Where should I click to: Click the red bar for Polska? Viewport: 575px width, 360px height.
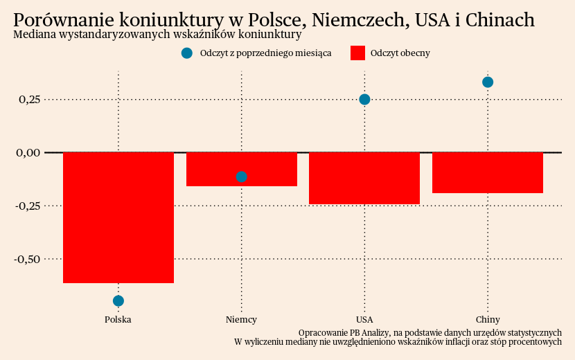[118, 217]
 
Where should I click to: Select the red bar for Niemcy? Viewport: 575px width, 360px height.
[241, 169]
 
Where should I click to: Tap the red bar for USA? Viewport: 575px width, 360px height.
[364, 178]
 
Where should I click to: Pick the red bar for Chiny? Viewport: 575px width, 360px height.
[487, 172]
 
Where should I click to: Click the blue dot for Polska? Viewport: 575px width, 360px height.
[118, 300]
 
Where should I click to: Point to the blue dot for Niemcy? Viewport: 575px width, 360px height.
[241, 177]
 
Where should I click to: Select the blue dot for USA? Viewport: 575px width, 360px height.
[364, 99]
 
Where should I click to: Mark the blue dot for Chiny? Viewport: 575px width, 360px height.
[488, 82]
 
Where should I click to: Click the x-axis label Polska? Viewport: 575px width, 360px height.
[118, 320]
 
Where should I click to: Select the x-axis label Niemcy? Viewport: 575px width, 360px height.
[241, 320]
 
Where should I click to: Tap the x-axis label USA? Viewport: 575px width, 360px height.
[364, 320]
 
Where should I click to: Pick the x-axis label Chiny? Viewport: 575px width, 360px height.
[488, 320]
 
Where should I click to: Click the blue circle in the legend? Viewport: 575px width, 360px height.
[186, 53]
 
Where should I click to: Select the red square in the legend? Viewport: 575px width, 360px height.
[357, 53]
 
